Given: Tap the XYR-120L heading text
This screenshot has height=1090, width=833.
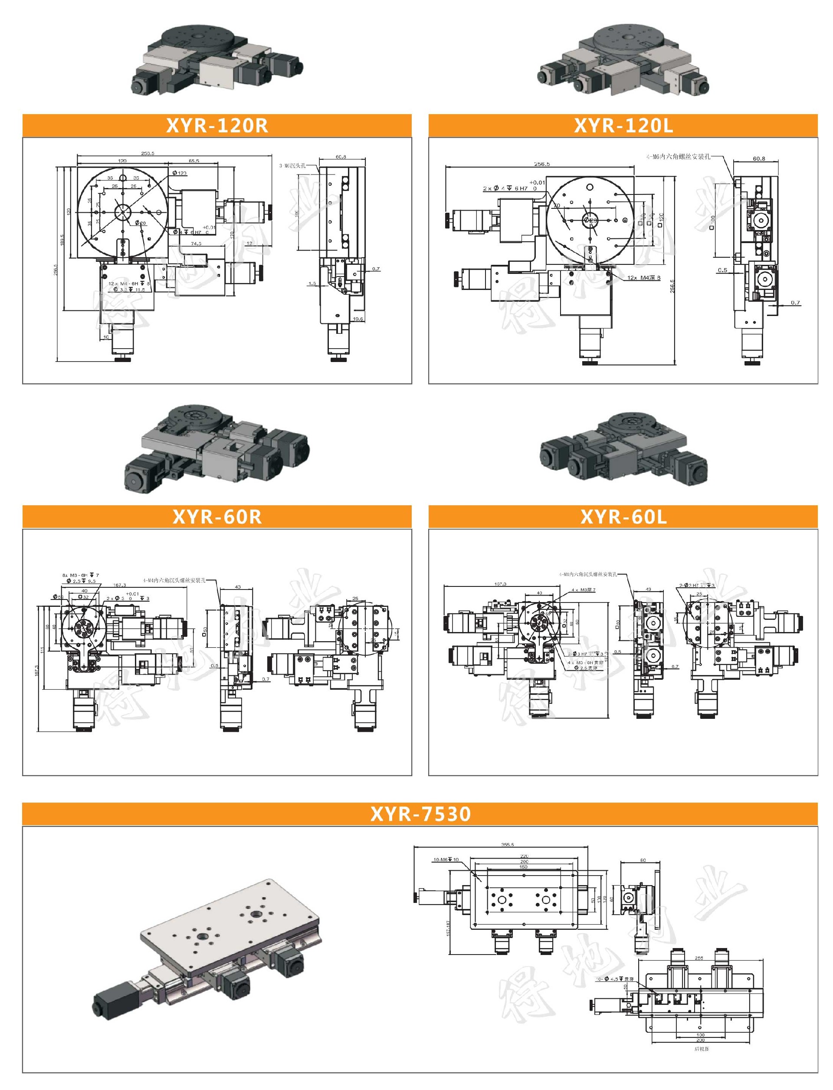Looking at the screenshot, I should tap(623, 125).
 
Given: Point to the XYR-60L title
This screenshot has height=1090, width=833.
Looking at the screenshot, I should tap(623, 517).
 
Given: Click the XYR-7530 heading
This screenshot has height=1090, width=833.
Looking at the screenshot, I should tap(420, 813).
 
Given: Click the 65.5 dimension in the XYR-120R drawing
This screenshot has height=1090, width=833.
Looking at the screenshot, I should tap(194, 161).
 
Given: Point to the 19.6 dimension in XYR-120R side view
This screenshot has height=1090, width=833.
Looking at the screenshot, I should tap(357, 319).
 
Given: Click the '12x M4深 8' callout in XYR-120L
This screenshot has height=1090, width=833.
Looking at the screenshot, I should tap(643, 277).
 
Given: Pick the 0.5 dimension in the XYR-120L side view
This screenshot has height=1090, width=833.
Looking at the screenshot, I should tap(722, 270).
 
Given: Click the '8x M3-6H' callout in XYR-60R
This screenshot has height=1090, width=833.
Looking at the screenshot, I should tap(80, 575).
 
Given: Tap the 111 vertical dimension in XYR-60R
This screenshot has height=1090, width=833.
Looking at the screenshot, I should tap(43, 649).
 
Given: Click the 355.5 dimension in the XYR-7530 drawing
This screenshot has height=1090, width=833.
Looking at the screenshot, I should tap(508, 844).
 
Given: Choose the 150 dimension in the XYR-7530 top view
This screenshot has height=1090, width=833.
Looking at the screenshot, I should tap(524, 867).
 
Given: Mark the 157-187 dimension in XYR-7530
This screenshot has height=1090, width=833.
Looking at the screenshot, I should tap(449, 928).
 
